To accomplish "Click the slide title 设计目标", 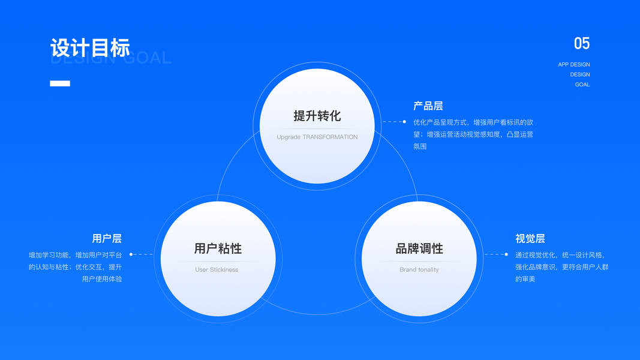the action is click(x=90, y=48).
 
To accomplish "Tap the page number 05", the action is click(x=581, y=43).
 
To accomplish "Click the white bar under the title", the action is click(x=60, y=83).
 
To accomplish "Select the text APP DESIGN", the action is click(x=573, y=64).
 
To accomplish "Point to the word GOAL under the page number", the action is click(x=582, y=85).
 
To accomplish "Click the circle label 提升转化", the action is click(x=317, y=116).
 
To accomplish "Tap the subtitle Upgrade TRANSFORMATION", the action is click(x=317, y=137).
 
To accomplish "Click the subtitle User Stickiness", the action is click(x=217, y=270).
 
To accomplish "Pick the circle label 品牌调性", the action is click(x=419, y=248).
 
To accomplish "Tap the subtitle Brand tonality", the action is click(x=419, y=270).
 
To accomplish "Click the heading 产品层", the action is click(x=428, y=106).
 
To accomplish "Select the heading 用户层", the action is click(x=107, y=239).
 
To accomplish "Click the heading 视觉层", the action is click(x=530, y=239).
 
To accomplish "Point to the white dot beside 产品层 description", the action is click(x=404, y=122).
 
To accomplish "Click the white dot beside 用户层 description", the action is click(x=131, y=254).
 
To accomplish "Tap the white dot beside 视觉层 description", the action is click(x=506, y=254).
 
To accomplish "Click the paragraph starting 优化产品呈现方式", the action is click(x=473, y=134).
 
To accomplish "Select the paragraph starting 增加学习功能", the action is click(x=76, y=267).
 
